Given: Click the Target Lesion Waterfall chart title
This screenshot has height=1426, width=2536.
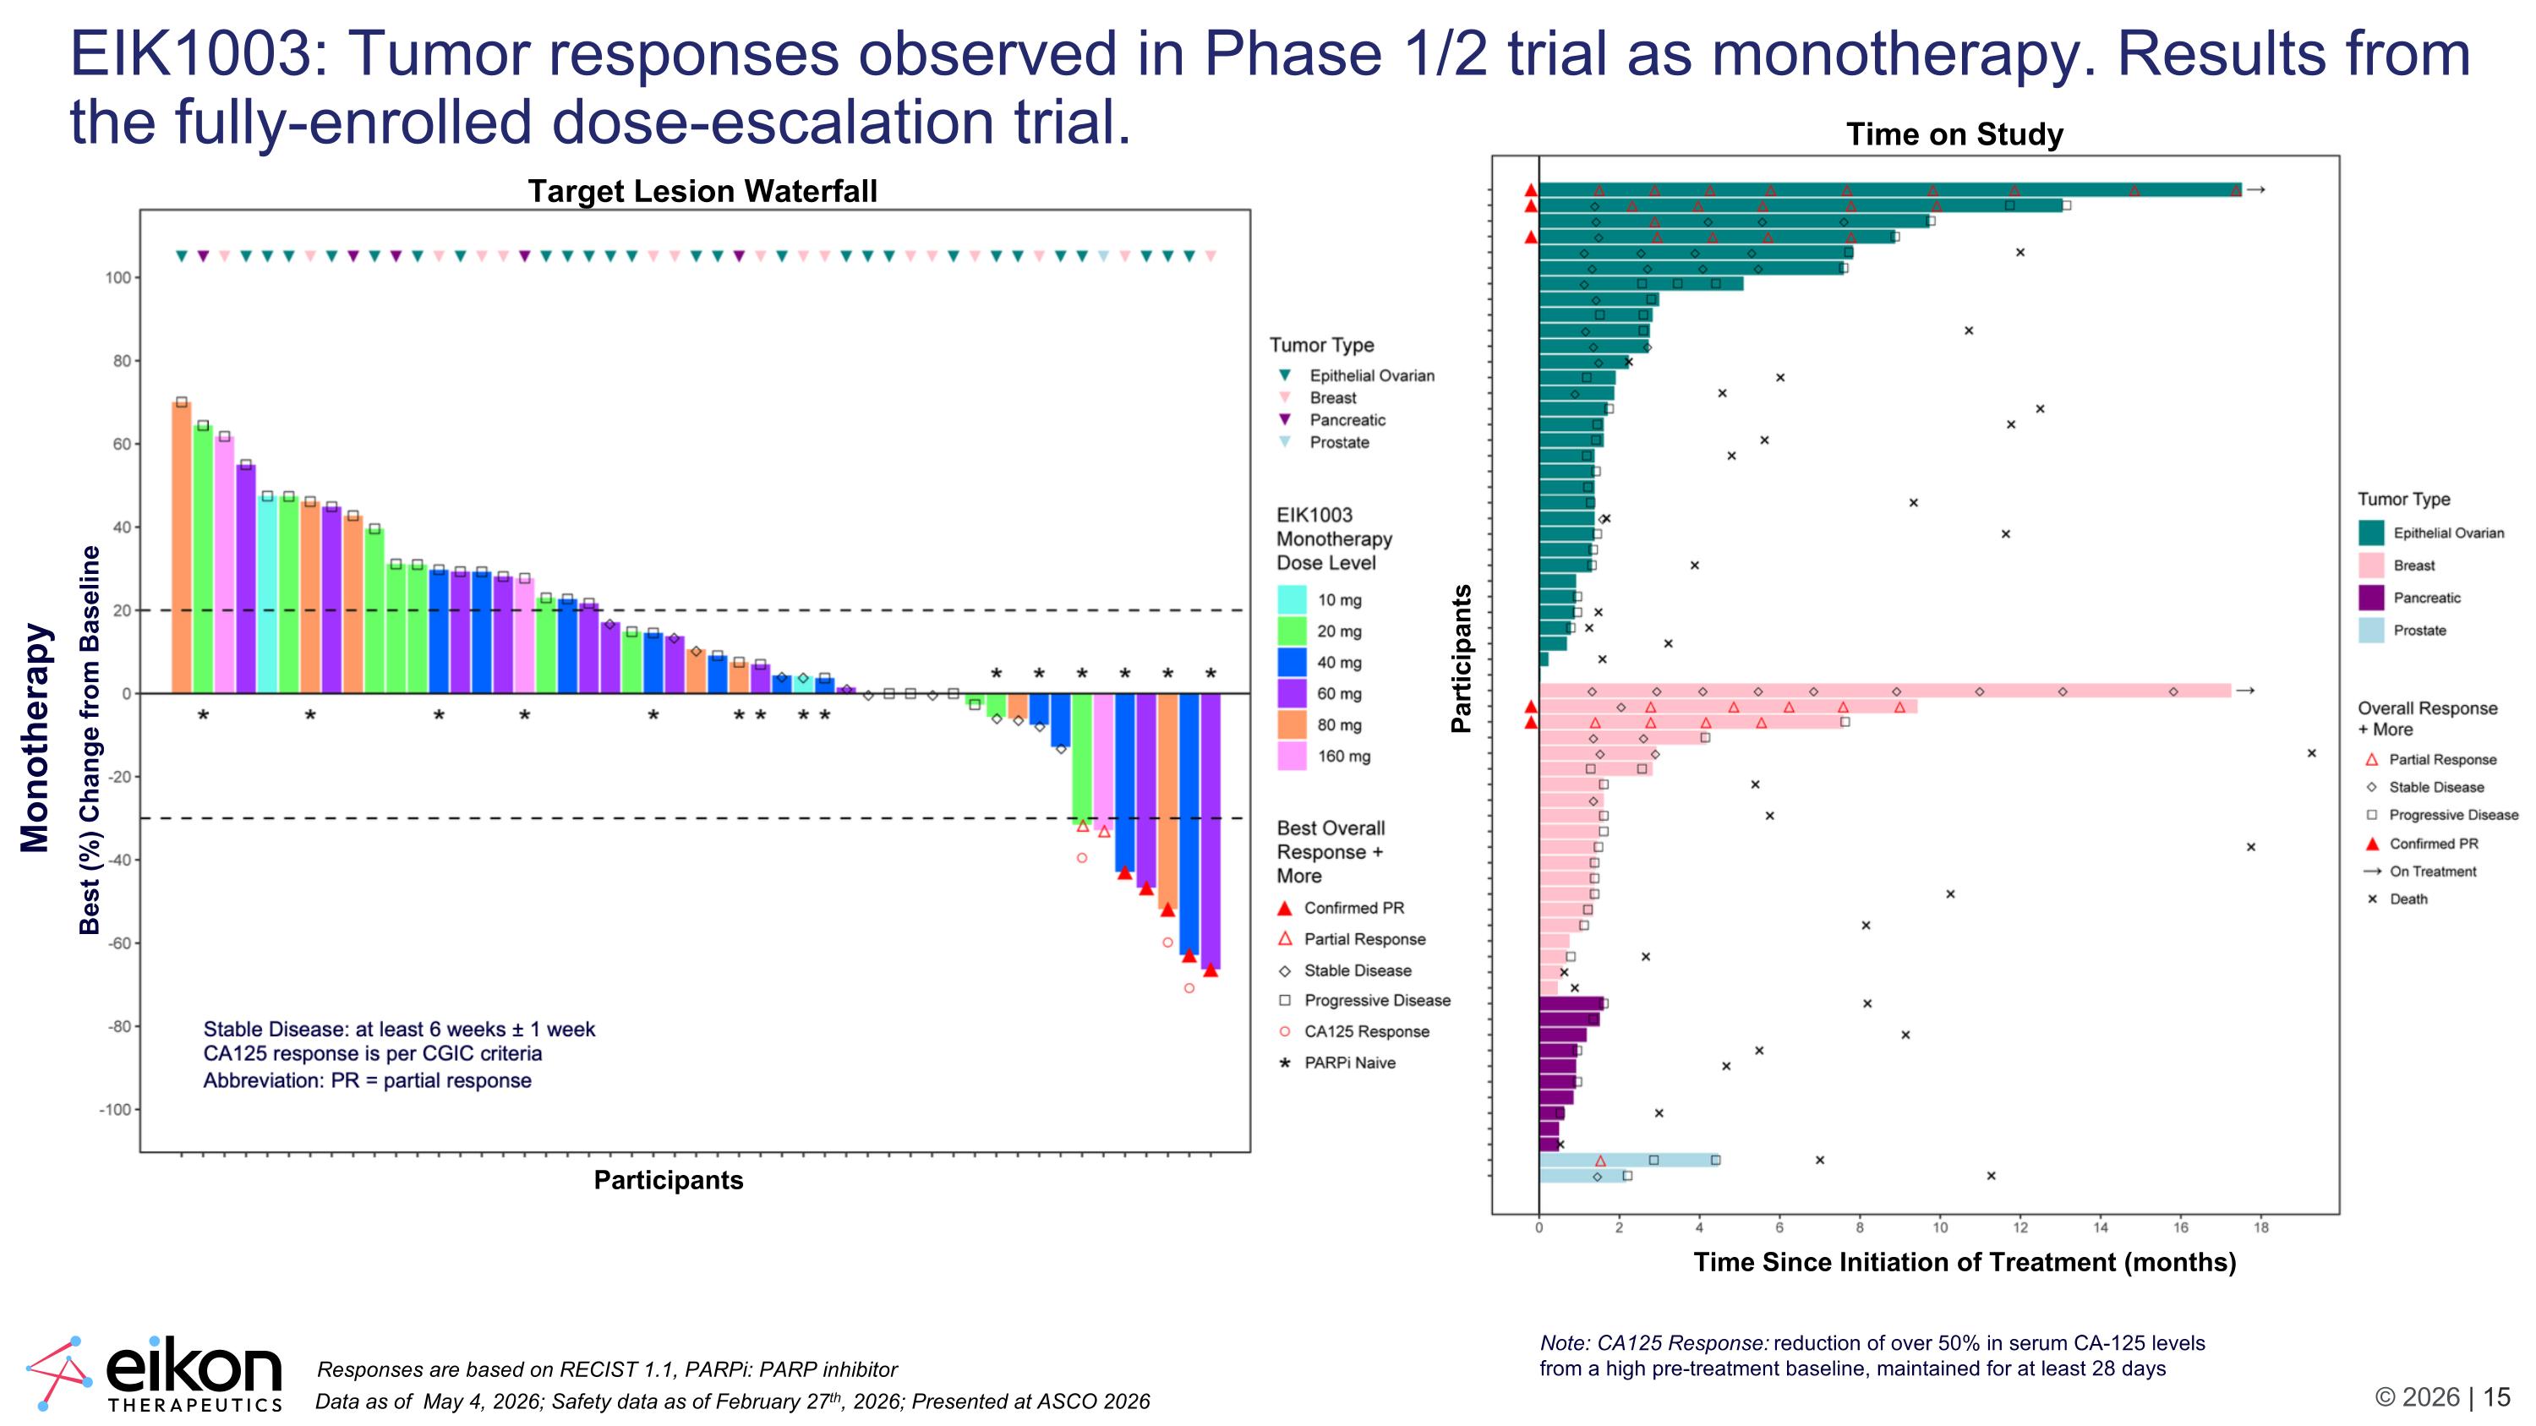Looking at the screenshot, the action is tap(702, 191).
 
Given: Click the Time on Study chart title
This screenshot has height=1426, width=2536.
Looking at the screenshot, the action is tap(1954, 134).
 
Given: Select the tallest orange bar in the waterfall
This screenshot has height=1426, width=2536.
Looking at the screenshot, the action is tap(181, 547).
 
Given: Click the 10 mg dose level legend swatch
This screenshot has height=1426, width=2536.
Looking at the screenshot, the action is tap(1292, 599).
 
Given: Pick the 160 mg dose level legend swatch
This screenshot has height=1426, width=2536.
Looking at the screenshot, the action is tap(1292, 756).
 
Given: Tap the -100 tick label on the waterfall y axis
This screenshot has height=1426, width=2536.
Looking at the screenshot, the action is tap(114, 1110).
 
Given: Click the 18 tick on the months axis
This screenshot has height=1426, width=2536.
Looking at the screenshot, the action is tap(2261, 1227).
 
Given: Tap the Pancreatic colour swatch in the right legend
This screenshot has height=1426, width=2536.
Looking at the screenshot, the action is tap(2372, 598).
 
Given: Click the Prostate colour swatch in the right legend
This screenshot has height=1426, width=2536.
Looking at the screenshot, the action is tap(2372, 630).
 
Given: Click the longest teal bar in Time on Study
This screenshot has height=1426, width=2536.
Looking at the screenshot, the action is tap(1890, 190).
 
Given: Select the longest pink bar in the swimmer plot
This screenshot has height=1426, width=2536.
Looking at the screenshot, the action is tap(1885, 691).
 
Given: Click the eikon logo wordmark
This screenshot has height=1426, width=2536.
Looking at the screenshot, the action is tap(193, 1368).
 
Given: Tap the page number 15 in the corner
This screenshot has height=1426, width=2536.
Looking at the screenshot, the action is tap(2496, 1397).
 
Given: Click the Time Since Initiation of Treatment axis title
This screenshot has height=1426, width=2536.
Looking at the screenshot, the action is tap(1964, 1262).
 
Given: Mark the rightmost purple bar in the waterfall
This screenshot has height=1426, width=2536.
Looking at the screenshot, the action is tap(1211, 832).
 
